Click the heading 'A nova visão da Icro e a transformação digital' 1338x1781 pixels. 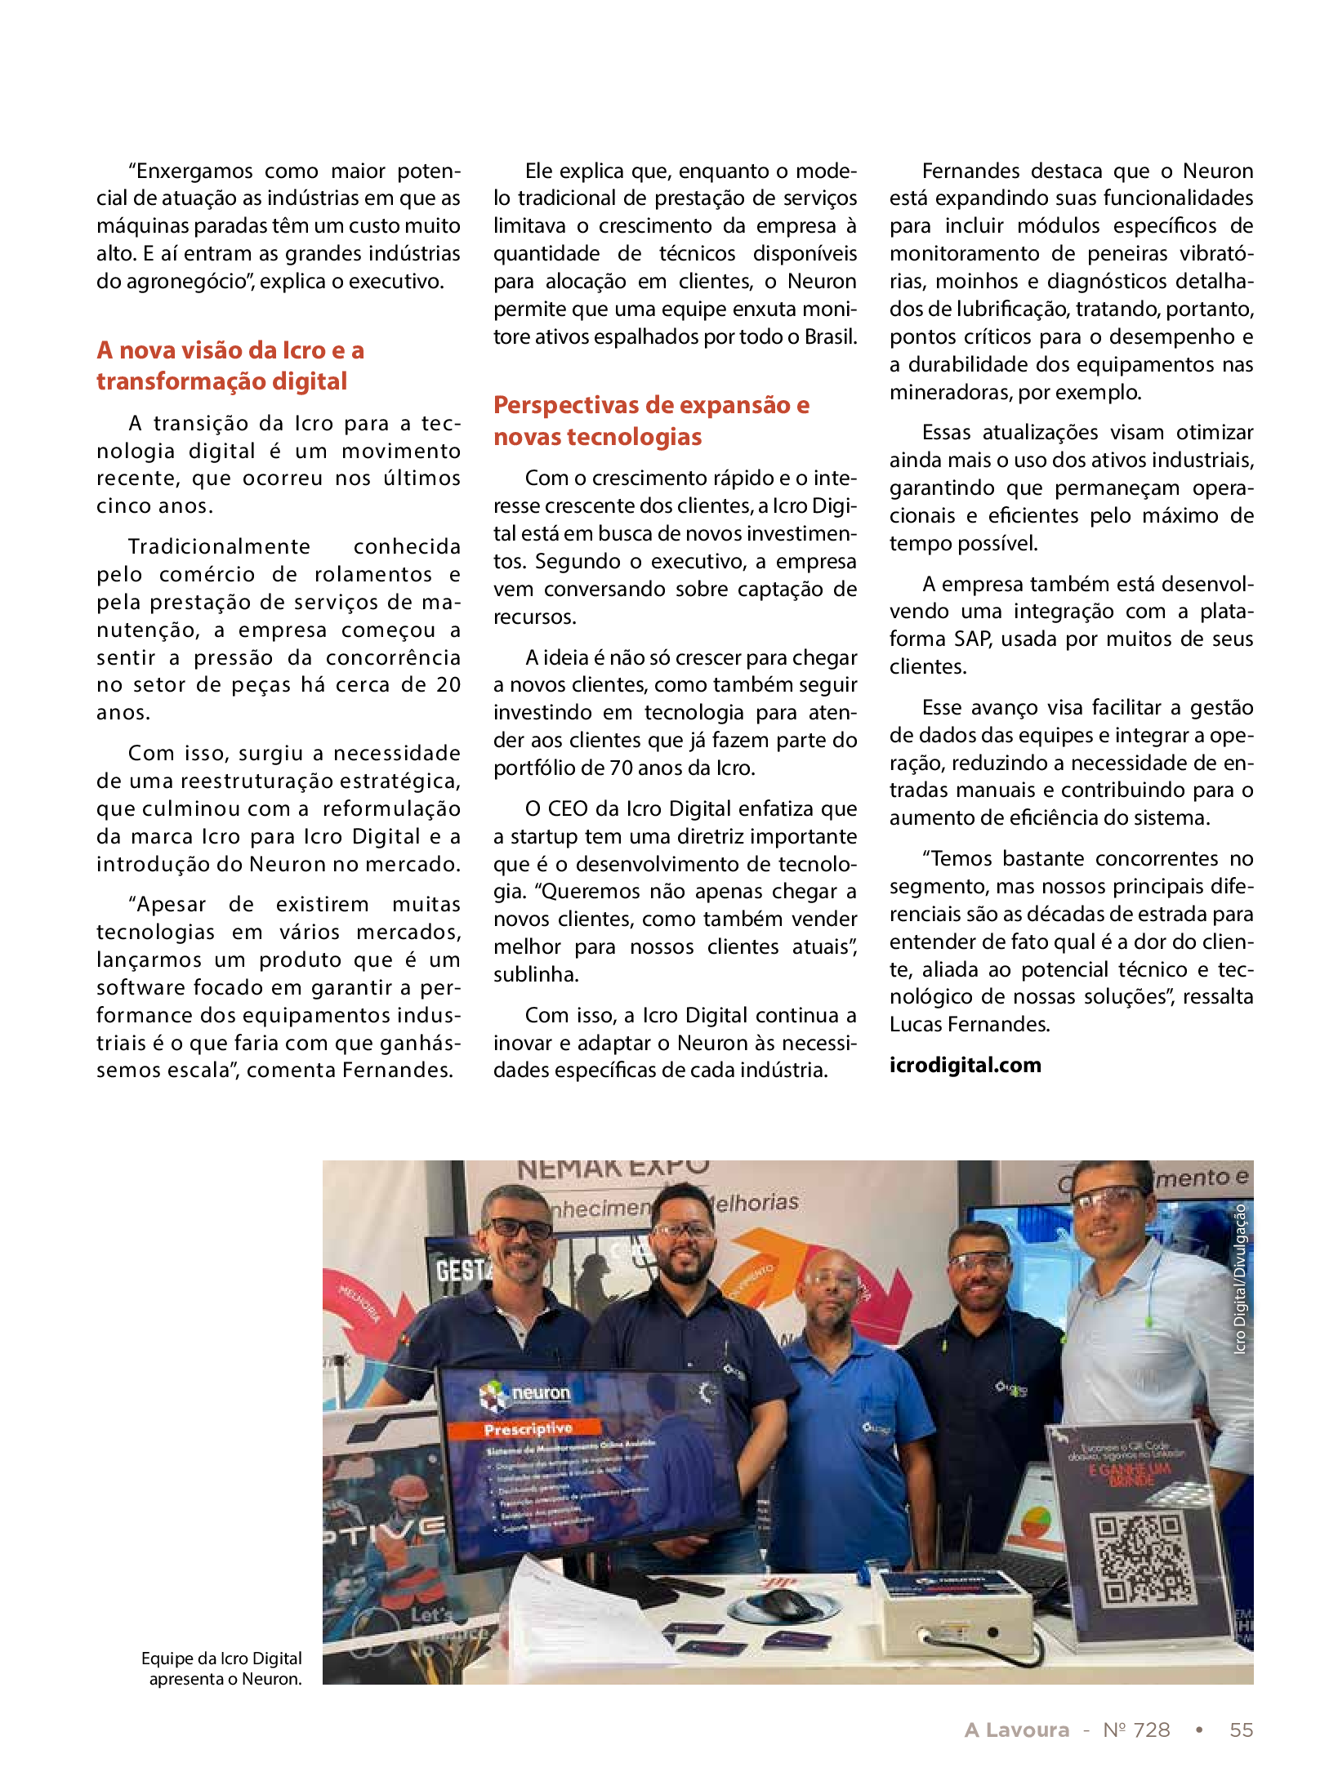click(x=230, y=366)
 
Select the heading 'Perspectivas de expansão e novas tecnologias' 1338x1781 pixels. click(x=651, y=421)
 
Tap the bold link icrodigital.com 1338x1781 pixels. click(x=965, y=1065)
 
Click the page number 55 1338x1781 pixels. click(x=1241, y=1730)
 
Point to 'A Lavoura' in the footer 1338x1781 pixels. click(x=1016, y=1730)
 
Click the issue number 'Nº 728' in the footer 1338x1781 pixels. click(x=1136, y=1730)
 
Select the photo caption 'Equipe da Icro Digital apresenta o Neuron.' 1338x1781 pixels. click(x=222, y=1668)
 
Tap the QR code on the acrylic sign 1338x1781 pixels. click(x=1142, y=1559)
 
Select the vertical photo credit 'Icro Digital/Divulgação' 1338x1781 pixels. click(x=1240, y=1279)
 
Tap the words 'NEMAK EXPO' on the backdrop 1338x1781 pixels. click(x=613, y=1170)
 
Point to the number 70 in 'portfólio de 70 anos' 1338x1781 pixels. click(x=622, y=768)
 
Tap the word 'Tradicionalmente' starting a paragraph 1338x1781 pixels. click(x=219, y=546)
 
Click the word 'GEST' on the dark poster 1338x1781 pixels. click(x=462, y=1271)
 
